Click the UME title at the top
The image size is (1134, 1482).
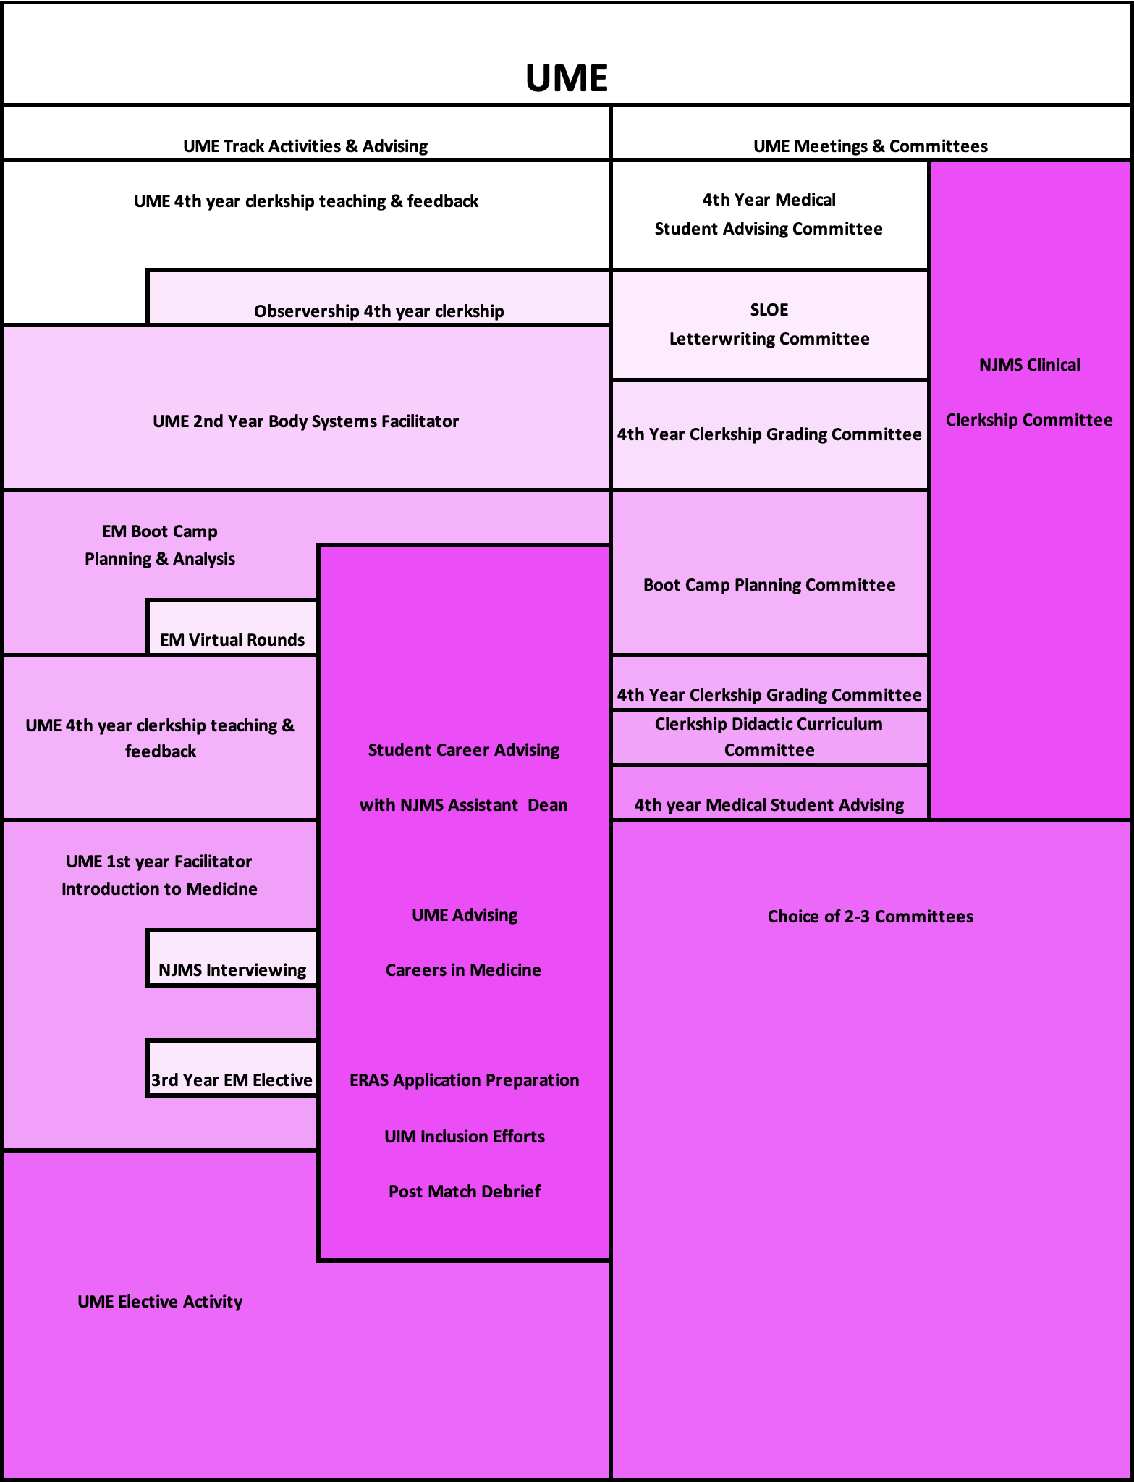[566, 78]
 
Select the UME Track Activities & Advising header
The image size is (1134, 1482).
[305, 146]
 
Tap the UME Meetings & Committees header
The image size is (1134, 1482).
[870, 146]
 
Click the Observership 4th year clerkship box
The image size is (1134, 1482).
[378, 311]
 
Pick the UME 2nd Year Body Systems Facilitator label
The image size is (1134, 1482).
[305, 421]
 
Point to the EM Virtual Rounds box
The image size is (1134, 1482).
[232, 639]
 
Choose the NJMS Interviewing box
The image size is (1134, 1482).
[232, 969]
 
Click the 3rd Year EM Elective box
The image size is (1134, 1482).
[232, 1079]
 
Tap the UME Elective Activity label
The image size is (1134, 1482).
[160, 1301]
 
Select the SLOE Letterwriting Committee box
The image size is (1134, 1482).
[769, 324]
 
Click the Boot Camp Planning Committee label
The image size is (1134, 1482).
[769, 584]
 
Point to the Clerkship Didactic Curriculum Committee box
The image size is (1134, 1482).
[769, 737]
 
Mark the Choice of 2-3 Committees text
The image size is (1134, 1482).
[870, 916]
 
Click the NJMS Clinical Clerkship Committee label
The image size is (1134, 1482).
[1029, 392]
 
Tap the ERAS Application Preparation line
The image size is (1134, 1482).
[464, 1079]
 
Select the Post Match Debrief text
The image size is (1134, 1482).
[464, 1191]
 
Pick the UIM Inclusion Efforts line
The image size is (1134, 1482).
[464, 1136]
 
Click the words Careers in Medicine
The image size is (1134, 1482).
[463, 969]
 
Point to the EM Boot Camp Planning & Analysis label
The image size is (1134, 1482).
[160, 544]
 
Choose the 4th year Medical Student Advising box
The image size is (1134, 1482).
[769, 804]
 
